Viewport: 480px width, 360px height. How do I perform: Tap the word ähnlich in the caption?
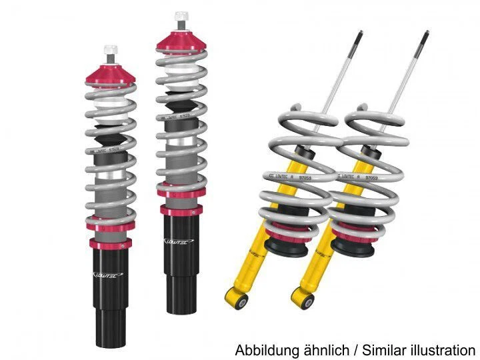coord(319,350)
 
